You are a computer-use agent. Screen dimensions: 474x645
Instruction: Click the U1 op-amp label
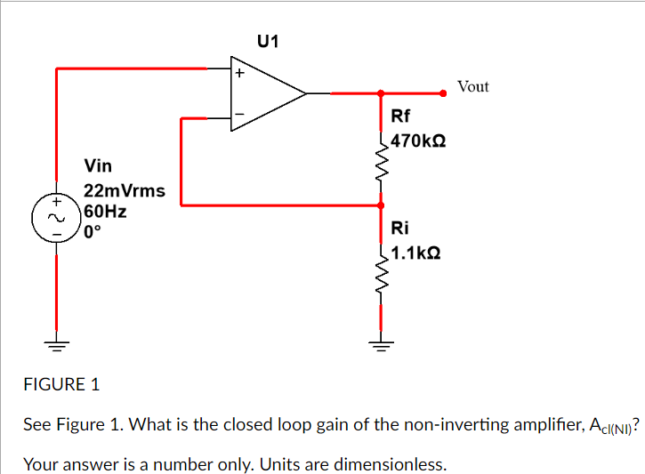point(268,41)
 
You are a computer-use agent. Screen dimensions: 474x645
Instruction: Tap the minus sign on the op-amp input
point(238,113)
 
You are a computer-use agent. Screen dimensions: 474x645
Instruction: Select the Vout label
point(472,86)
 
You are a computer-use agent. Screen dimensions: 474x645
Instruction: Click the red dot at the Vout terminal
point(444,92)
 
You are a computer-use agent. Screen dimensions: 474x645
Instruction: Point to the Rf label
point(400,116)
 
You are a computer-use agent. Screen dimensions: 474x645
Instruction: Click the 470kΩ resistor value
point(417,141)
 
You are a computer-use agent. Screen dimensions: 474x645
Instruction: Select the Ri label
point(399,228)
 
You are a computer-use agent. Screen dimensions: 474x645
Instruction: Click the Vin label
point(98,165)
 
